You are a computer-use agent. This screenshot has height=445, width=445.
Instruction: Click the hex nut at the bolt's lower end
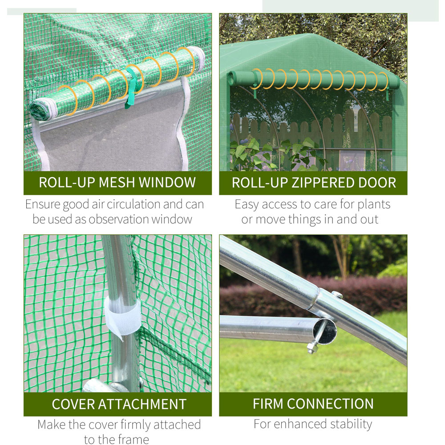point(312,348)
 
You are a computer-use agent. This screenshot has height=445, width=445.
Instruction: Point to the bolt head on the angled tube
point(337,295)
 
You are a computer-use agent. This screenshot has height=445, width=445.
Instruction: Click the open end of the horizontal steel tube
point(325,331)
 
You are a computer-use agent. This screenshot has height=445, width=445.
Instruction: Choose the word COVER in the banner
point(73,404)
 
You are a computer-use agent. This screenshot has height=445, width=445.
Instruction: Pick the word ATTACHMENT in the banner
point(142,404)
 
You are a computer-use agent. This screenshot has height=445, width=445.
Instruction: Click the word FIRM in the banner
point(268,404)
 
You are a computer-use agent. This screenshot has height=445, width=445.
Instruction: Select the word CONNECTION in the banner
point(330,404)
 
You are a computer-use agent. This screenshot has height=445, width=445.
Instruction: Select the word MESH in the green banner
point(116,182)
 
